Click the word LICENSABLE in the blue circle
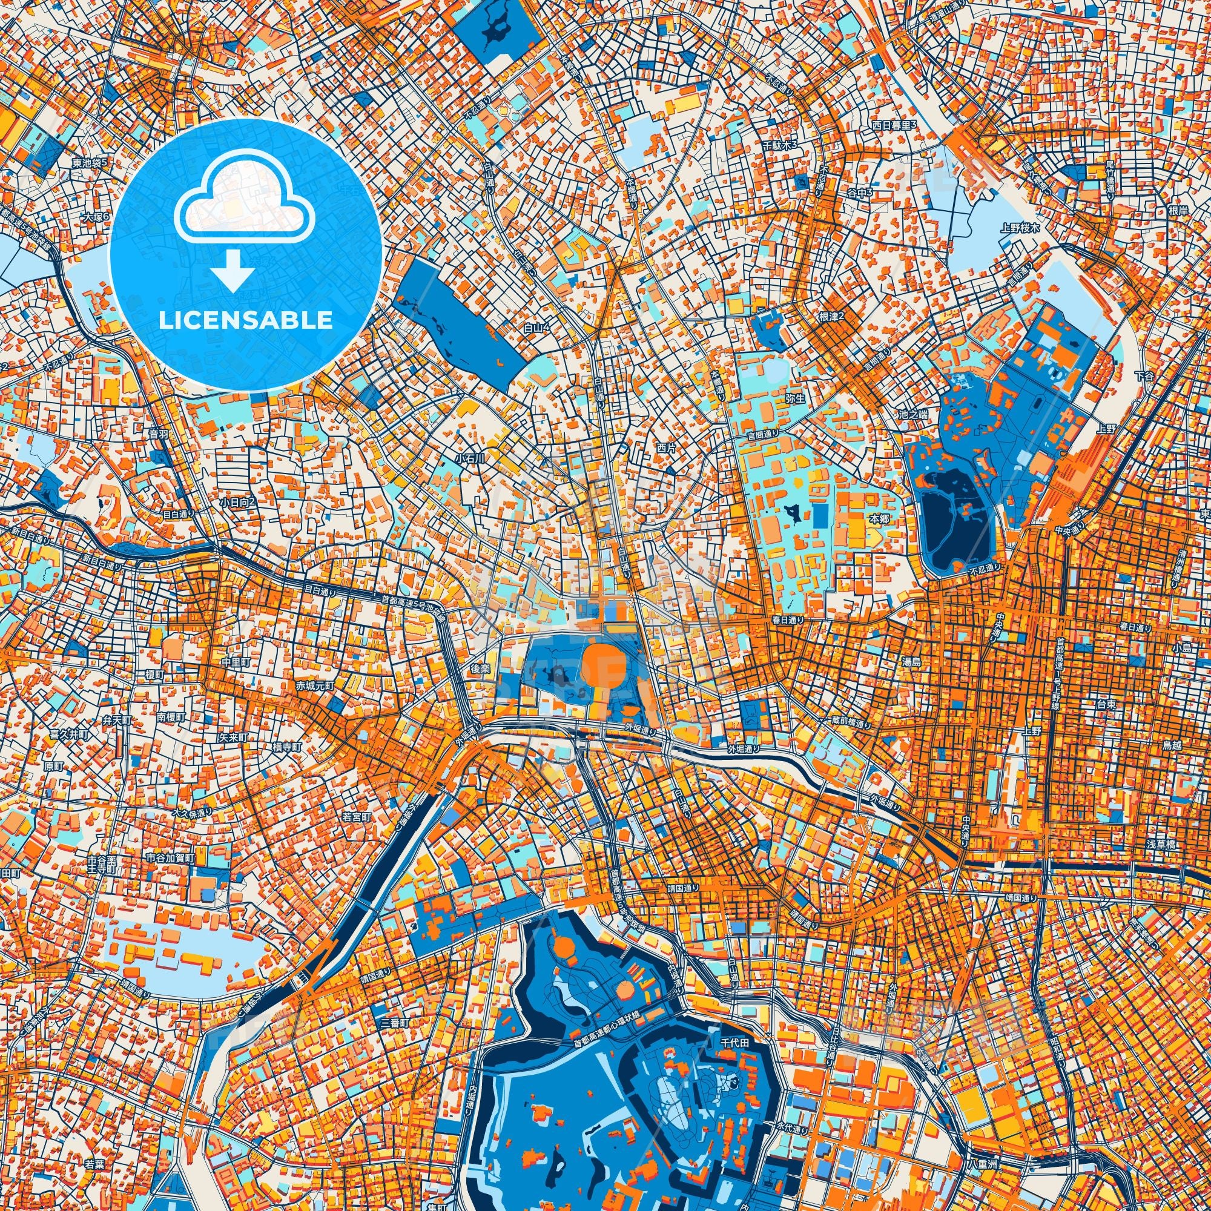[x=245, y=320]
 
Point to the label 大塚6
[x=95, y=216]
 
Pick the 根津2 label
[x=832, y=317]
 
